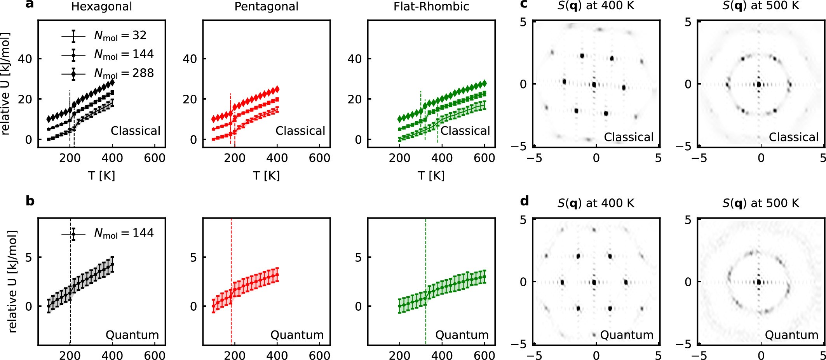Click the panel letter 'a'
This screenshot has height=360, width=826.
point(30,5)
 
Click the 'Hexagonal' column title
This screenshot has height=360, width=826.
point(101,7)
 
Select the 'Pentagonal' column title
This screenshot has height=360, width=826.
point(266,7)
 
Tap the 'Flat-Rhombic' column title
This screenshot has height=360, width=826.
point(431,7)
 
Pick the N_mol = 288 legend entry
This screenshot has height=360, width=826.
point(108,73)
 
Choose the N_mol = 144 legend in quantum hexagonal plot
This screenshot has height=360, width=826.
point(108,233)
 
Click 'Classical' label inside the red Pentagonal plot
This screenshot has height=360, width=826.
point(300,131)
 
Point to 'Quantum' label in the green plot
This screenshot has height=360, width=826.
point(462,335)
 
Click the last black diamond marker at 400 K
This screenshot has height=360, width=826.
point(112,82)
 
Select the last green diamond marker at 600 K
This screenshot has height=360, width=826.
point(484,83)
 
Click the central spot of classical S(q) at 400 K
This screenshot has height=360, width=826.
point(594,84)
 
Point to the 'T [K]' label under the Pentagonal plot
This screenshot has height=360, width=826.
point(266,176)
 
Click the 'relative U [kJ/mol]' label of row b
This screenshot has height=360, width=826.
point(12,281)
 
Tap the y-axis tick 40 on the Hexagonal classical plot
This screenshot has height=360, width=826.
point(24,59)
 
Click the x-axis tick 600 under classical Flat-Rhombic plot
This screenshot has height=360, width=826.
point(484,158)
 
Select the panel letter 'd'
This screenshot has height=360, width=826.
point(524,201)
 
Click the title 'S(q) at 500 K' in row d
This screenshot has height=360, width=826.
point(760,203)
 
